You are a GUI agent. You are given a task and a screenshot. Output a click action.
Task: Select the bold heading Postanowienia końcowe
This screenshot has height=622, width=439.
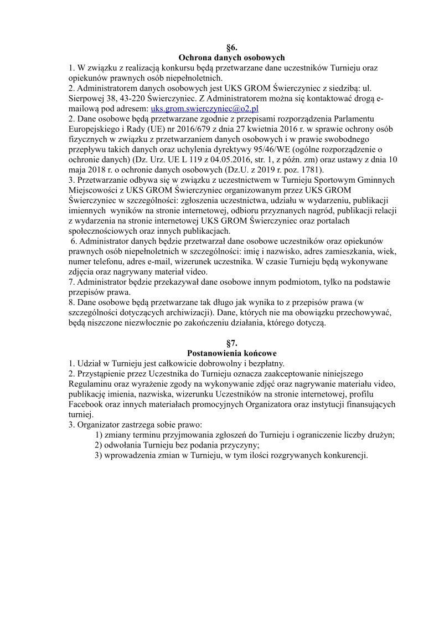click(x=232, y=353)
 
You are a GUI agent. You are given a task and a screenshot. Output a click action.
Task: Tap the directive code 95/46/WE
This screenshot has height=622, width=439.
click(x=265, y=148)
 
